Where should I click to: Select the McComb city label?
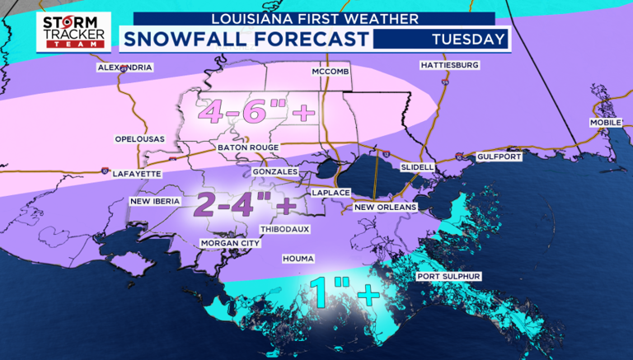tap(333, 72)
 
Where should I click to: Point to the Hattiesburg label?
tap(449, 65)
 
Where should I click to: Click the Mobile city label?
tap(605, 123)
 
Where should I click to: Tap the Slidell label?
tap(417, 167)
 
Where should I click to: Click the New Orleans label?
tap(386, 207)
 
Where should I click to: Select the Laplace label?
tap(331, 192)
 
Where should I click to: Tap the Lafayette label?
tap(137, 174)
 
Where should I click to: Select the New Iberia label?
tap(157, 201)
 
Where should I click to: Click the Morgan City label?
tap(230, 244)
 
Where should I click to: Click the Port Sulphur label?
tap(449, 276)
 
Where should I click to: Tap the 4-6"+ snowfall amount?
tap(248, 111)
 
